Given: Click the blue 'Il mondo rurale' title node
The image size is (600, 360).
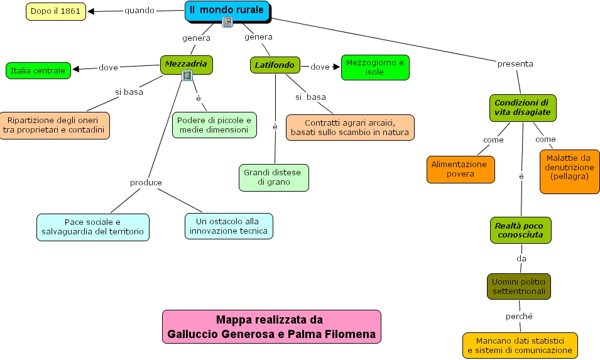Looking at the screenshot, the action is tap(227, 11).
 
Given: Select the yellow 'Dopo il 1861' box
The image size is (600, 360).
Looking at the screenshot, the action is tap(56, 11).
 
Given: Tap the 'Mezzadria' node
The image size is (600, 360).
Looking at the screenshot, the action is tap(187, 64).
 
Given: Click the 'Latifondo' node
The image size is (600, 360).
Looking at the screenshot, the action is tap(275, 65).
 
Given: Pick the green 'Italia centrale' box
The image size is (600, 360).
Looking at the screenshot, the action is tap(38, 71).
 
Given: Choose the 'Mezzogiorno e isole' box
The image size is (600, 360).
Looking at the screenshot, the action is tap(375, 67).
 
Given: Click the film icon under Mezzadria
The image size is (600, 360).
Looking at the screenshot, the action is tap(187, 76).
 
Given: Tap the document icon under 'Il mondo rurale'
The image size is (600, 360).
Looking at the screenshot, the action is tap(227, 22).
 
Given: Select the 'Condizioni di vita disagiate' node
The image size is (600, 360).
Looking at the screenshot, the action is tap(523, 108).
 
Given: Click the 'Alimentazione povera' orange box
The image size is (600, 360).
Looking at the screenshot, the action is tap(461, 169).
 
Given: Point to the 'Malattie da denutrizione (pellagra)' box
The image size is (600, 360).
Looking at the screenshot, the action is tap(569, 172).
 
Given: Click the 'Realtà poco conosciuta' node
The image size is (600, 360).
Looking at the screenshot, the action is tap(521, 231).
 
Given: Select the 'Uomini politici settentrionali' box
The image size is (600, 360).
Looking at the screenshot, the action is tap(519, 286).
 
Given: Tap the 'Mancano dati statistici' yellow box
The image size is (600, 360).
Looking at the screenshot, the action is tap(520, 346).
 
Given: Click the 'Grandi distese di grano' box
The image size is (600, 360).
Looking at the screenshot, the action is tap(273, 178).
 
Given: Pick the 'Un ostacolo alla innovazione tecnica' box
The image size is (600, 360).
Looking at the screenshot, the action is tap(229, 226).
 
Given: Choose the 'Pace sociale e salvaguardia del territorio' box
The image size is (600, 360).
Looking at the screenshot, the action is tap(93, 227).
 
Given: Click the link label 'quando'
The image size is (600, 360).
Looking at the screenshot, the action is tap(139, 10).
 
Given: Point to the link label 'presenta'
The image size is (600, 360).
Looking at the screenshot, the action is tap(515, 64).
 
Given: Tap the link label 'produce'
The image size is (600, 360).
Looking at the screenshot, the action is tap(146, 182).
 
